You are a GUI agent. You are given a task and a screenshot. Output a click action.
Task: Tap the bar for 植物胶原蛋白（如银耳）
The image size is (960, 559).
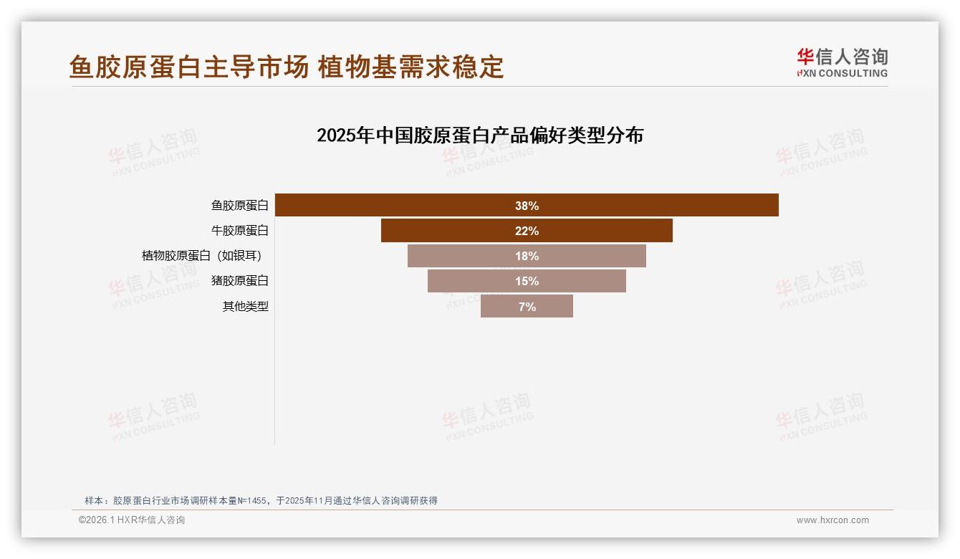[x=459, y=256]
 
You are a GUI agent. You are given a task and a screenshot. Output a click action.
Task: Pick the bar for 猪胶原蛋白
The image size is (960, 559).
[x=466, y=281]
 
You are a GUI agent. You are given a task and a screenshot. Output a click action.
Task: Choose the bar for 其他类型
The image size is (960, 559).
[x=501, y=306]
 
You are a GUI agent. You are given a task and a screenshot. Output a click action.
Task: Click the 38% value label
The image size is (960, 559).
[x=527, y=206]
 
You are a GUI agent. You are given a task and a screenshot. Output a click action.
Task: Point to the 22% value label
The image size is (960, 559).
[x=527, y=231]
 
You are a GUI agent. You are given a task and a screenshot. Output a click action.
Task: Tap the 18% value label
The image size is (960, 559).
[x=527, y=256]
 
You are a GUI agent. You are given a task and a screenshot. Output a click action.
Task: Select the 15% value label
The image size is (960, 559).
[x=527, y=281]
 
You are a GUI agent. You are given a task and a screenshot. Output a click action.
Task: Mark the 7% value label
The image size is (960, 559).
[x=527, y=307]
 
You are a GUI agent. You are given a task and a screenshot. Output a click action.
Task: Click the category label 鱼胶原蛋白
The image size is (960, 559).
[x=239, y=206]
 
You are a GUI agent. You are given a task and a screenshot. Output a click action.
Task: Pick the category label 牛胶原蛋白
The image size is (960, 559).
[x=239, y=231]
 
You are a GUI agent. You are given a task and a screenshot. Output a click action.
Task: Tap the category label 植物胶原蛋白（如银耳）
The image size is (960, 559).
[x=206, y=256]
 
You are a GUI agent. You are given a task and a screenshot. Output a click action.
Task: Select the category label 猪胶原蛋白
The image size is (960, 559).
[x=239, y=281]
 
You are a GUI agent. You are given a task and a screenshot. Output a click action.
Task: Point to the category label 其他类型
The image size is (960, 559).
[x=245, y=306]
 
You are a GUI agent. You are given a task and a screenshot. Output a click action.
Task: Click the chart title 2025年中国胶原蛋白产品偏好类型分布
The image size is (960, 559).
[x=480, y=135]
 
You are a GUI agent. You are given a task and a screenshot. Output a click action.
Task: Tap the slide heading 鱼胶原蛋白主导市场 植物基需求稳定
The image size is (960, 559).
[x=287, y=67]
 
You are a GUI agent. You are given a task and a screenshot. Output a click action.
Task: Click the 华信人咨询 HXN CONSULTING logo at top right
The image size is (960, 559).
[x=842, y=62]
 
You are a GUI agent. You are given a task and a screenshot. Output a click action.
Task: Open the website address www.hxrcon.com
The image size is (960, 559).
[x=832, y=520]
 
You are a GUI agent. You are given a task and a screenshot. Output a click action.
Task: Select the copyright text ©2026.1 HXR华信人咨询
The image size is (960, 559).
[x=132, y=520]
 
